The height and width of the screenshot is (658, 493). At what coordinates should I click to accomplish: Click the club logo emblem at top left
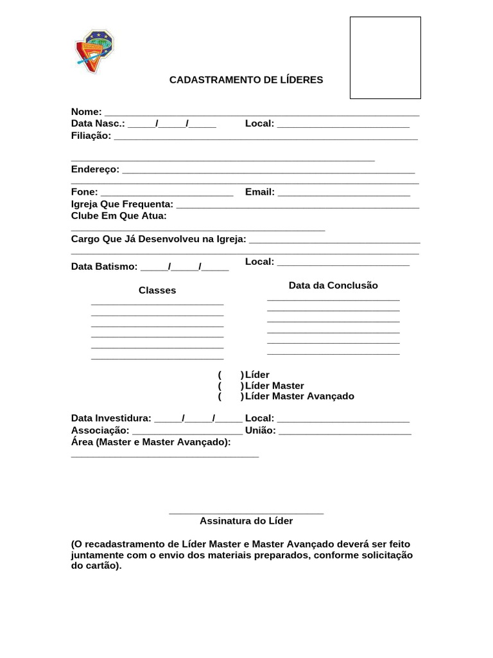click(x=94, y=51)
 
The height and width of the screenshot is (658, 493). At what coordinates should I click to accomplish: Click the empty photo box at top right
click(x=385, y=58)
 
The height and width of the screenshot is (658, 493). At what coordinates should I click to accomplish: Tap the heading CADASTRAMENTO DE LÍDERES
click(x=246, y=80)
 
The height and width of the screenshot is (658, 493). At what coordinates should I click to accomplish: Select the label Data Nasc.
click(x=98, y=123)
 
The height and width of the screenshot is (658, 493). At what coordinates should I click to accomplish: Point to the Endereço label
click(x=95, y=169)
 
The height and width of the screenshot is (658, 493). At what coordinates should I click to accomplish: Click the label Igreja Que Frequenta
click(x=122, y=204)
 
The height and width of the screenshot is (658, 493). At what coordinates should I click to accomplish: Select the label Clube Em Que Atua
click(x=119, y=216)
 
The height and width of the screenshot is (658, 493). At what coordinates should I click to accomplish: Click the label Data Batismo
click(x=104, y=267)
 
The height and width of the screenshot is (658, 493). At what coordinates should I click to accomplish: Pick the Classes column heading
click(x=157, y=290)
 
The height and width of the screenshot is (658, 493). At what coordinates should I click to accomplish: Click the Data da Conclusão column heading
click(x=333, y=285)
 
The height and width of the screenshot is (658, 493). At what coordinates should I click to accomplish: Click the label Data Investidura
click(x=111, y=418)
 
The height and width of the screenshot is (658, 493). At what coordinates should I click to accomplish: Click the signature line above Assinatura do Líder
click(x=246, y=513)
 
